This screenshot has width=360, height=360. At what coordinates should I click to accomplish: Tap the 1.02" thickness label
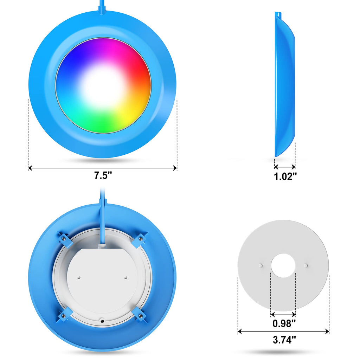tap(285, 176)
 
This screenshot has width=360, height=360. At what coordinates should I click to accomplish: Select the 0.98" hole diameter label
tap(284, 323)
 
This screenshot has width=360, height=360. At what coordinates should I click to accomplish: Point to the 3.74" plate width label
tap(284, 340)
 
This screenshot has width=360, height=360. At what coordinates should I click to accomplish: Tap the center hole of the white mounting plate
tap(283, 265)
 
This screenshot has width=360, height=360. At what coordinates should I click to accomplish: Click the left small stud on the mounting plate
tap(261, 265)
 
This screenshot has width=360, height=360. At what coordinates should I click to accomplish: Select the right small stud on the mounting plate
tap(306, 265)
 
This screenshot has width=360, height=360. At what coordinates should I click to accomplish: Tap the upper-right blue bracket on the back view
tap(140, 239)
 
